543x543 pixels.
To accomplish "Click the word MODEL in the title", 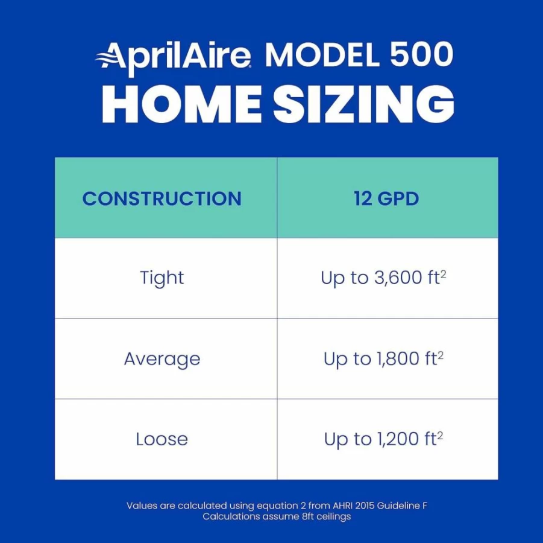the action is coord(322,54).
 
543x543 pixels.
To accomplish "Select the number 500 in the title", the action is coord(421,54).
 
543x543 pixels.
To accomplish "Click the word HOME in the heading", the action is coord(181,104).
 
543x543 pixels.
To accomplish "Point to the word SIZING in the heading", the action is coord(363,104).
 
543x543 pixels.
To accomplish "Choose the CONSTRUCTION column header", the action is coord(162,198).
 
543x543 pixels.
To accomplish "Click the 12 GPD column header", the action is coord(386,198).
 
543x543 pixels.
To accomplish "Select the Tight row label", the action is coord(162,278).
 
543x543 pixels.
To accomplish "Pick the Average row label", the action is coord(162,359).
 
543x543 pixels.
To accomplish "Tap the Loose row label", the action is coord(162,439).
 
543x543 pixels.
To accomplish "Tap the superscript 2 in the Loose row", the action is coord(440,435).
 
